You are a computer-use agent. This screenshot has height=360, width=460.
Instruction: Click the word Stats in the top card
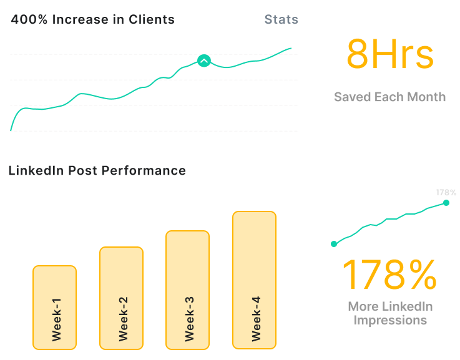coord(281,19)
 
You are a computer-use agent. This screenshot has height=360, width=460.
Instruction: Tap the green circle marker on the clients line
coord(204,61)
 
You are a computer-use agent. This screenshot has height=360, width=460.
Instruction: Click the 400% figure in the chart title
coord(29,19)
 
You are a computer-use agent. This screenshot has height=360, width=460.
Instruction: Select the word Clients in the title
coord(151,19)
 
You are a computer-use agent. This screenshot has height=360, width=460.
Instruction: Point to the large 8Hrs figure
coord(389,54)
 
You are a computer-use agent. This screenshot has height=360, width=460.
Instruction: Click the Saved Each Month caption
coord(389,97)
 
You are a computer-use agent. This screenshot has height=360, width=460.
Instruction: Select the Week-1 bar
coord(55,307)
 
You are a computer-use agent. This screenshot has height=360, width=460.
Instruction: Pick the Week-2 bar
coord(121,298)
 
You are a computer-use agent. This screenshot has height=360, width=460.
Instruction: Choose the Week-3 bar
coord(187,289)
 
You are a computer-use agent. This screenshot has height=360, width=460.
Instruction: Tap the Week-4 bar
coord(254,280)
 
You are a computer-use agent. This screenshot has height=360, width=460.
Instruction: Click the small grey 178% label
coord(446,192)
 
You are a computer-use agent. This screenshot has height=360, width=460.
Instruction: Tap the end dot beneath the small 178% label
coord(446,202)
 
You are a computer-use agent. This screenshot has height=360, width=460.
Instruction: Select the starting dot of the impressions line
coord(334,244)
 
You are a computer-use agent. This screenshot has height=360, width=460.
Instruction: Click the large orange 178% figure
coord(389,275)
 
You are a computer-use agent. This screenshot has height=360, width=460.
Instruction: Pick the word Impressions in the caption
coord(390,320)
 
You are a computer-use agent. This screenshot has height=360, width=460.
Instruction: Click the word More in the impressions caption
coord(363,306)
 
